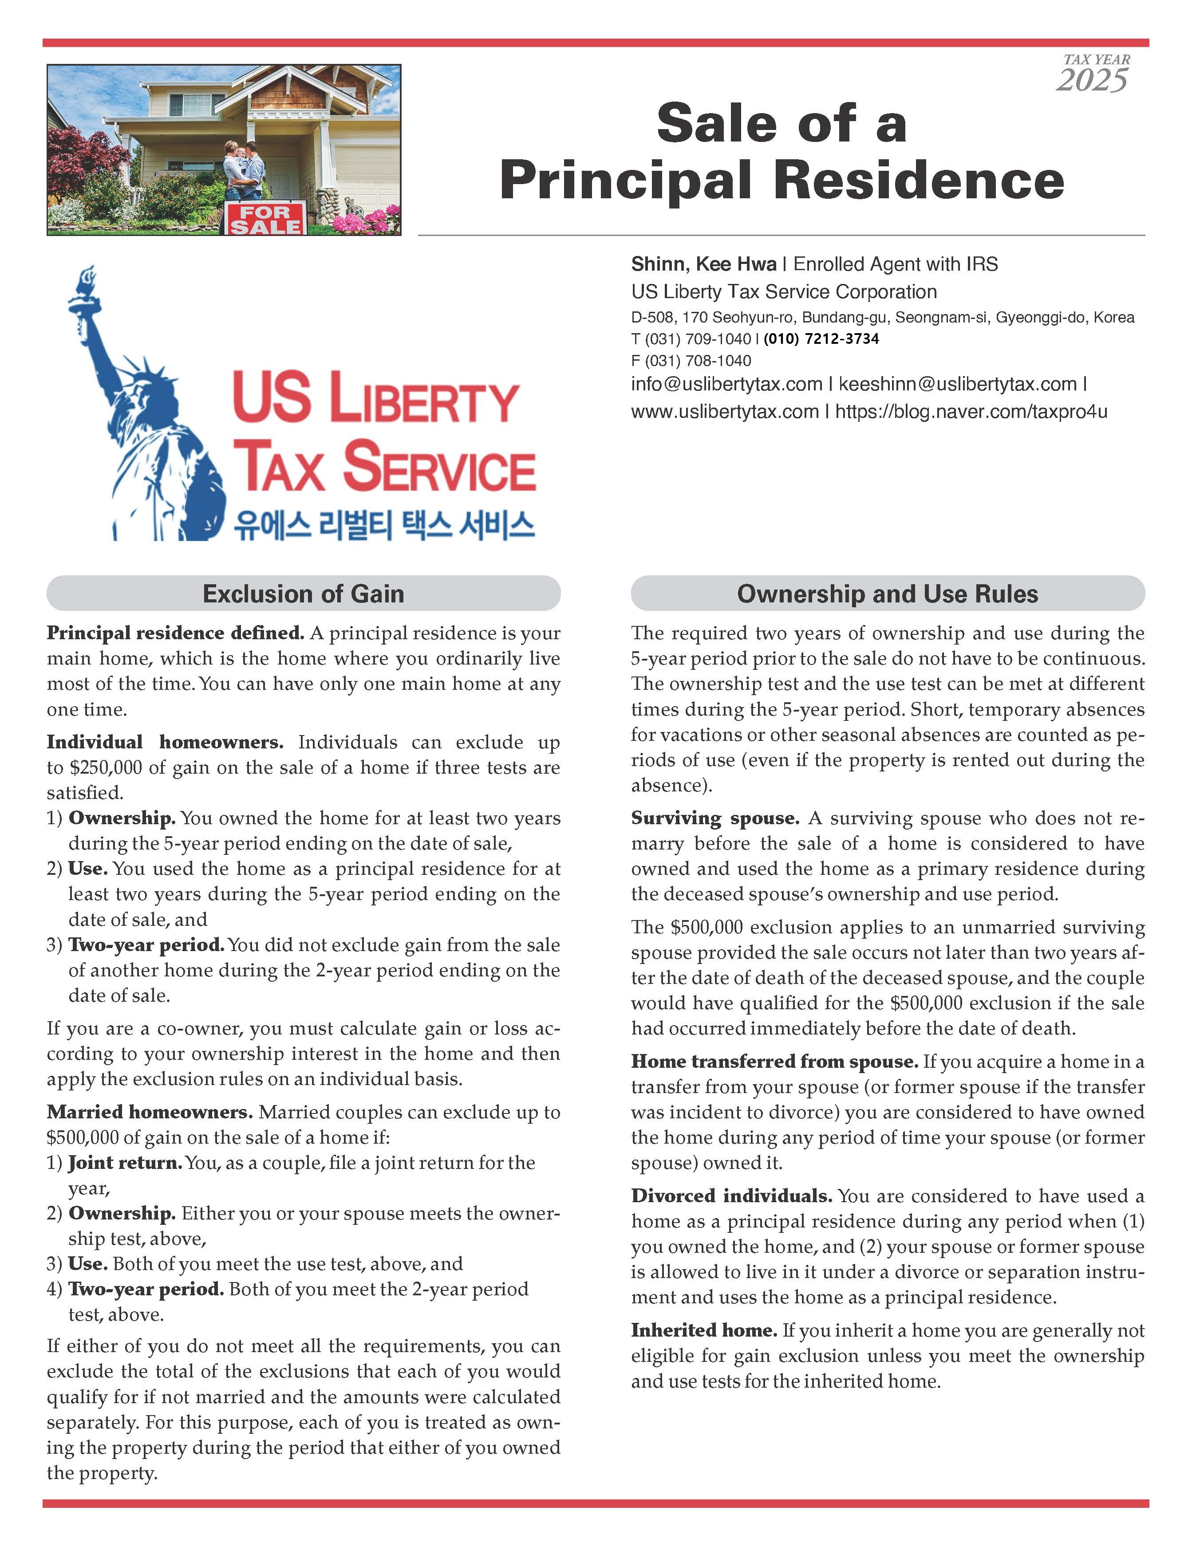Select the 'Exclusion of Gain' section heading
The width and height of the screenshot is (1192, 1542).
tap(303, 594)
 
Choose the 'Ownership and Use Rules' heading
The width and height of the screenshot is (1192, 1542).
tap(887, 594)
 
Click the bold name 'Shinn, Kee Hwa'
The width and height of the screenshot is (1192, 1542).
tap(703, 264)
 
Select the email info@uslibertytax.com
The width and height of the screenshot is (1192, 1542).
tap(726, 384)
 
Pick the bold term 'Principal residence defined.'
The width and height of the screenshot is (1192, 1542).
tap(175, 633)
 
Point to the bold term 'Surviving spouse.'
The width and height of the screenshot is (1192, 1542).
tap(714, 818)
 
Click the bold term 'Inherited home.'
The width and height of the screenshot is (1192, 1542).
tap(703, 1331)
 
